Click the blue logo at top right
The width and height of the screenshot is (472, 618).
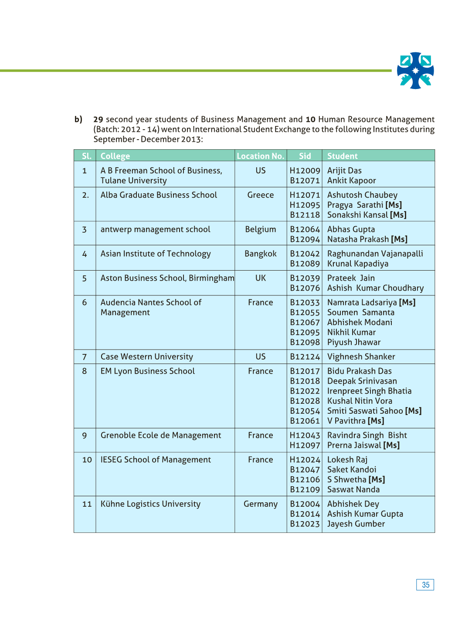[415, 71]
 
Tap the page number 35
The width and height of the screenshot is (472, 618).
[425, 585]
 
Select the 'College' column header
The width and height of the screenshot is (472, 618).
[115, 156]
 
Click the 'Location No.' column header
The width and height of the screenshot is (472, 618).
[260, 156]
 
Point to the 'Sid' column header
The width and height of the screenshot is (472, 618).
[305, 156]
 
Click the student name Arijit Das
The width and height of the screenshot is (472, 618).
[344, 171]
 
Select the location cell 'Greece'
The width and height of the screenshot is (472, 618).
[260, 195]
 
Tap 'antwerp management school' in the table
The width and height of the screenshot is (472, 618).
[155, 230]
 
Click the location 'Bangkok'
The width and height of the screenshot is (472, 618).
[260, 254]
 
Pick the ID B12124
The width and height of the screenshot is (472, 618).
[305, 357]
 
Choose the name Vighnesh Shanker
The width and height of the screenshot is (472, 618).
[361, 357]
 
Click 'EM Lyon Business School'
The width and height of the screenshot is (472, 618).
[147, 371]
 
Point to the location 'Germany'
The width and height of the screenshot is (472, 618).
[260, 504]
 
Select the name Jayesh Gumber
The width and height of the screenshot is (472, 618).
[356, 524]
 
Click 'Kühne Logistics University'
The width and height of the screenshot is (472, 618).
[150, 504]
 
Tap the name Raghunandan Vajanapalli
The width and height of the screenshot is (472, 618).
[375, 254]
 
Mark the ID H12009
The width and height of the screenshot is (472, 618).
[305, 171]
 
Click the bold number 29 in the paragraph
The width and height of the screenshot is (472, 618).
[98, 120]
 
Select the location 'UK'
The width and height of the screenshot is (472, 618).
[260, 278]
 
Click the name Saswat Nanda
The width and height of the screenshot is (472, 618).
[353, 490]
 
